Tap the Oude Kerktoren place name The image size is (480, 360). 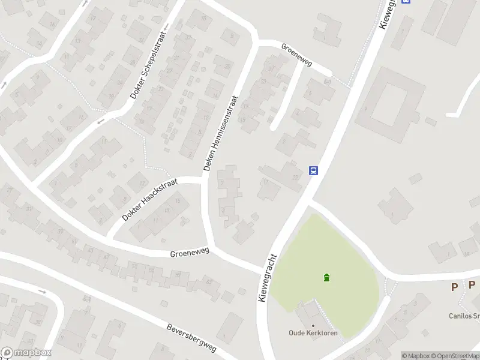313,333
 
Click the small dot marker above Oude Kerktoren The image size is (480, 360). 313,325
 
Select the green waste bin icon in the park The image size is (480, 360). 326,277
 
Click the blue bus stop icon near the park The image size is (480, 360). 313,170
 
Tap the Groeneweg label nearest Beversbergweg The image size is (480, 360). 189,254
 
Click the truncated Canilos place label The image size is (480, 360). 464,316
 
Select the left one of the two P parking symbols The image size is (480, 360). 454,287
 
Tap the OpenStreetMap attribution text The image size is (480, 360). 456,356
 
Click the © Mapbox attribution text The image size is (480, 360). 416,356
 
